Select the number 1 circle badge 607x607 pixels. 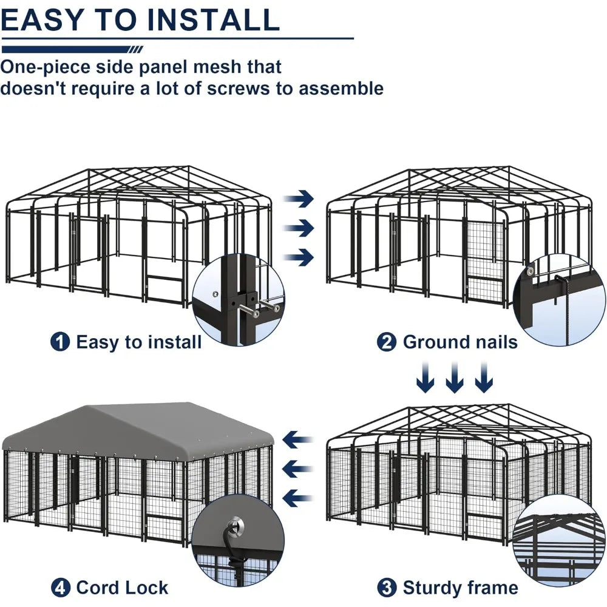[x=59, y=342]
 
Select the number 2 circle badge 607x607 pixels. [x=387, y=342]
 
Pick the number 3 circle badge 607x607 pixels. [x=387, y=588]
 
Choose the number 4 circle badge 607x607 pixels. [x=59, y=588]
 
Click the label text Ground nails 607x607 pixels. [x=459, y=342]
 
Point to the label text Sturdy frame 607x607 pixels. [x=459, y=588]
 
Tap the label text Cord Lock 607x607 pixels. [x=122, y=588]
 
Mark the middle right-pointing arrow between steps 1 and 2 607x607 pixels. [x=299, y=228]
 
